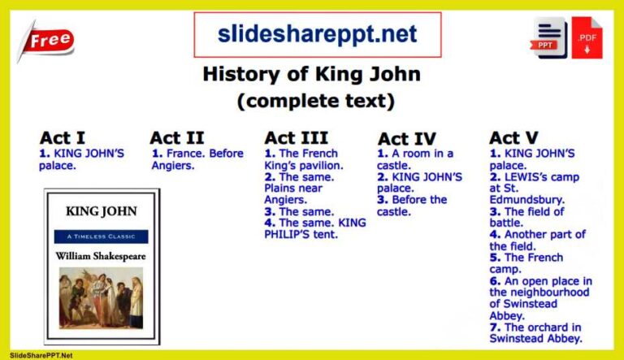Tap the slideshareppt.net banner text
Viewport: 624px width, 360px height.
pos(317,35)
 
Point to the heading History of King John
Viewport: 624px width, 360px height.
pos(311,75)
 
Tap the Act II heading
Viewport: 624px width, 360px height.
pos(176,137)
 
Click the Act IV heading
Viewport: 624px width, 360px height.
pos(406,139)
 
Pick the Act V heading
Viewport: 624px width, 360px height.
pos(513,137)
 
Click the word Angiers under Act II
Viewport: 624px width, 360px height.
pos(172,166)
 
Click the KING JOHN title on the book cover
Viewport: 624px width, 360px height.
pos(102,211)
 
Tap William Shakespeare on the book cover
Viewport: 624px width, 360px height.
pos(101,255)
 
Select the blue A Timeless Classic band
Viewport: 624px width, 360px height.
pos(102,236)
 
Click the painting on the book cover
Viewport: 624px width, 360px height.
pos(102,298)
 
